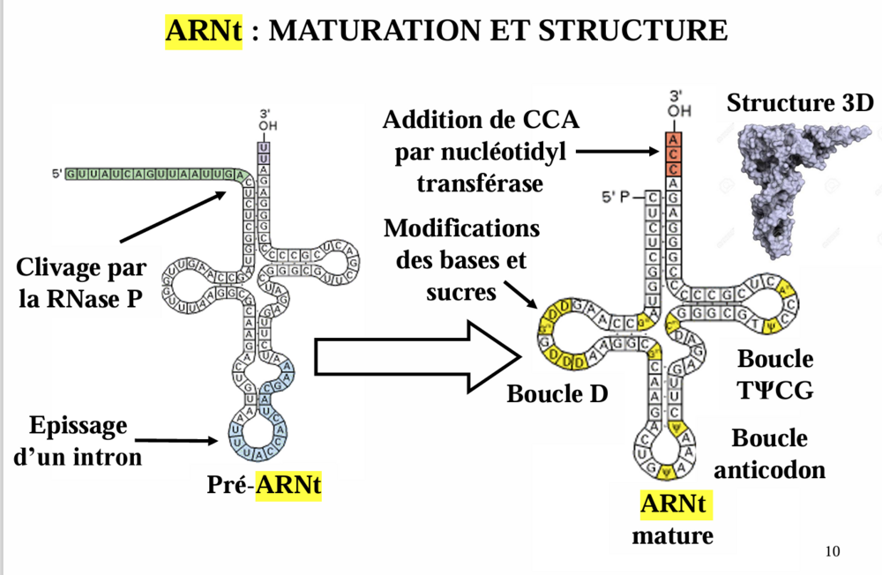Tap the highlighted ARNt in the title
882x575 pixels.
[202, 31]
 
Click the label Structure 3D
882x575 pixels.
[800, 103]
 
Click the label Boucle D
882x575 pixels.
[557, 393]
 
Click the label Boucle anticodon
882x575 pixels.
[769, 454]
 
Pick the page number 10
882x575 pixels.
[832, 553]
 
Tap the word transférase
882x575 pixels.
[480, 183]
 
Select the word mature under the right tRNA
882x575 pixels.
[672, 534]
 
